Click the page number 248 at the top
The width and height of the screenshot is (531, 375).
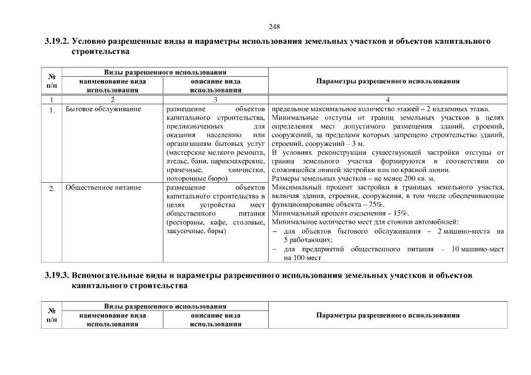pyautogui.click(x=274, y=27)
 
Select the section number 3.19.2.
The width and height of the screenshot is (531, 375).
pyautogui.click(x=56, y=43)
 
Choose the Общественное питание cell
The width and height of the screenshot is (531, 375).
pyautogui.click(x=96, y=189)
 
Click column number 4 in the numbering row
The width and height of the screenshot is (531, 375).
pyautogui.click(x=387, y=100)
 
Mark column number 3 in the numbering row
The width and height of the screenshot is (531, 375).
pyautogui.click(x=216, y=100)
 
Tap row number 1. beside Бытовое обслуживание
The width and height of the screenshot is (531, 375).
pyautogui.click(x=52, y=110)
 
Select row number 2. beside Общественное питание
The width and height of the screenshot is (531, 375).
pyautogui.click(x=52, y=189)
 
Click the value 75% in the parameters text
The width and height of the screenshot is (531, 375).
pyautogui.click(x=376, y=204)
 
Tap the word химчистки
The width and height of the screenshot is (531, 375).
pyautogui.click(x=247, y=169)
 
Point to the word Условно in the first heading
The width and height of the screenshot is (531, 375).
pyautogui.click(x=93, y=43)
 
